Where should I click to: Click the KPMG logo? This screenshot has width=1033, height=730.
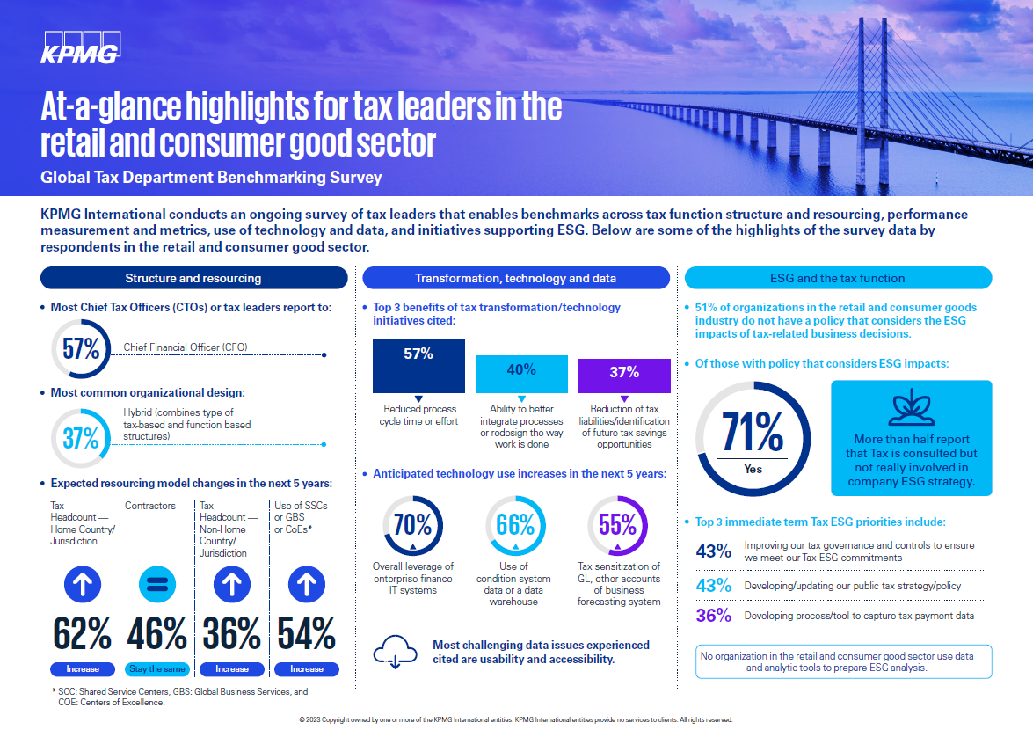80,47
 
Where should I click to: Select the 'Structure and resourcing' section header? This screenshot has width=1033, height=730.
193,278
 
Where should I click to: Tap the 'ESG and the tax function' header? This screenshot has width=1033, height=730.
837,278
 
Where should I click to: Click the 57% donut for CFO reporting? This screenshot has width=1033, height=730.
81,348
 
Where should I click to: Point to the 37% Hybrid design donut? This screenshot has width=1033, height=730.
81,437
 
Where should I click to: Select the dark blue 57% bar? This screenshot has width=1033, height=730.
418,365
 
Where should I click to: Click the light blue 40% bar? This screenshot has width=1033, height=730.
521,374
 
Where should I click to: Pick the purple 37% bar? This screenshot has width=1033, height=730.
624,376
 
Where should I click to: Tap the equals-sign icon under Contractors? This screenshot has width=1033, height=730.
157,584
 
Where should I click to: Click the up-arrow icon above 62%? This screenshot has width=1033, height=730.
83,584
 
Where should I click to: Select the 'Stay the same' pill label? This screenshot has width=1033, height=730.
157,668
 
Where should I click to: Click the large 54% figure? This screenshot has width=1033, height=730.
306,633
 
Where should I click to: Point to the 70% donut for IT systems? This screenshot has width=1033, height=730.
412,526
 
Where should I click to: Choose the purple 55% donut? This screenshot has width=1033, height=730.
617,526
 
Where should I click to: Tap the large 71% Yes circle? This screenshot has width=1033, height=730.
753,437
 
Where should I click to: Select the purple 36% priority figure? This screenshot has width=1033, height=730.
713,616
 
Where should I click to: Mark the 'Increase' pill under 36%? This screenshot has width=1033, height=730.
232,668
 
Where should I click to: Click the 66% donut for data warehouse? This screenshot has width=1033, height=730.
515,526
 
